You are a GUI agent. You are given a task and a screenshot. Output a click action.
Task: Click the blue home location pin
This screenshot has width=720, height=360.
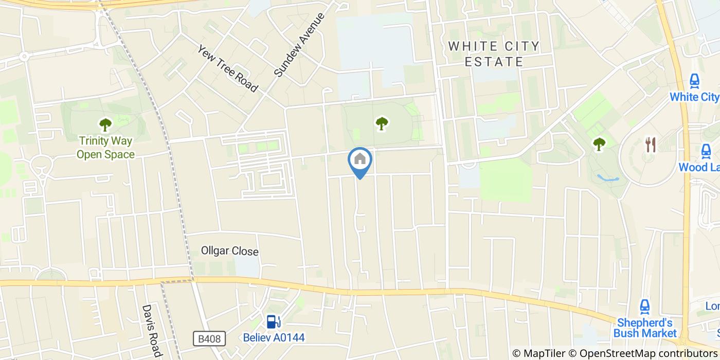pos(360,160)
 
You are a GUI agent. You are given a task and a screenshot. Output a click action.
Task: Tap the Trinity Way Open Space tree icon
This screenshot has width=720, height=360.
pos(105,124)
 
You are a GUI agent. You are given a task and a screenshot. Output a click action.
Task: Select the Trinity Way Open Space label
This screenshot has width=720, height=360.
pos(105,147)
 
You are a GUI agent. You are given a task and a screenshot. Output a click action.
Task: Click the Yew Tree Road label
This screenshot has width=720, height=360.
pos(227,68)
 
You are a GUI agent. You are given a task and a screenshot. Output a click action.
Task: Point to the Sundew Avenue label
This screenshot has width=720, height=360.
pos(300,45)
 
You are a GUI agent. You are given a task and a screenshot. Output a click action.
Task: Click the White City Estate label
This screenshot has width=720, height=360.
pos(494,54)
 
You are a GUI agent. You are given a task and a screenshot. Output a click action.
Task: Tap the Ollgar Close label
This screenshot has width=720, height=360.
pos(229,251)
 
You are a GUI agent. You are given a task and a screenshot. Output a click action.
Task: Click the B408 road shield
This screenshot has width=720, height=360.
pos(210,339)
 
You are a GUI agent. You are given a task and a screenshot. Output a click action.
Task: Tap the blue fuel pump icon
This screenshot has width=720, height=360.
pos(273,322)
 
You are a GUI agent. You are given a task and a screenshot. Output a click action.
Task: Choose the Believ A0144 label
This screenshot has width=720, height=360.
pos(274,338)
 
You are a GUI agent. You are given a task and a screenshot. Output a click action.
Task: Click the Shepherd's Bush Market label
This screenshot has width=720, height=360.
pos(645,328)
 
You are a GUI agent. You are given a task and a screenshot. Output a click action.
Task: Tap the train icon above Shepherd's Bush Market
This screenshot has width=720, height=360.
pos(645,307)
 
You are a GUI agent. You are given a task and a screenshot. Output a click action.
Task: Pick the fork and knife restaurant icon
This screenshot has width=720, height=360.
pos(651,145)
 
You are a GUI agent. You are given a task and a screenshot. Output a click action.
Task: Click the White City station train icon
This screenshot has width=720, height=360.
pos(694,81)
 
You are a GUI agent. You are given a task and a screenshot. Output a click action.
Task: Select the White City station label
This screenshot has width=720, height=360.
pos(694,97)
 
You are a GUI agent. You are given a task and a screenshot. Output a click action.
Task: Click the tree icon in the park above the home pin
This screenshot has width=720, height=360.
pos(381,123)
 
